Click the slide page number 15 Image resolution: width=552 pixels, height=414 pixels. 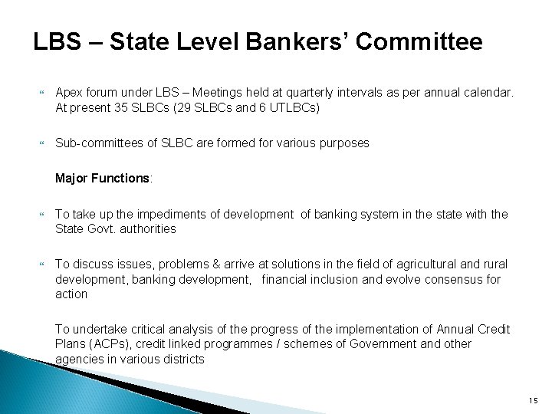[x=531, y=400]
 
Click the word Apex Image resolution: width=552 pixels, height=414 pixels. [x=68, y=94]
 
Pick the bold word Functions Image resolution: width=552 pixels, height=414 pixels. [x=123, y=178]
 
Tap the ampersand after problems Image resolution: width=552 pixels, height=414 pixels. [x=203, y=264]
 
